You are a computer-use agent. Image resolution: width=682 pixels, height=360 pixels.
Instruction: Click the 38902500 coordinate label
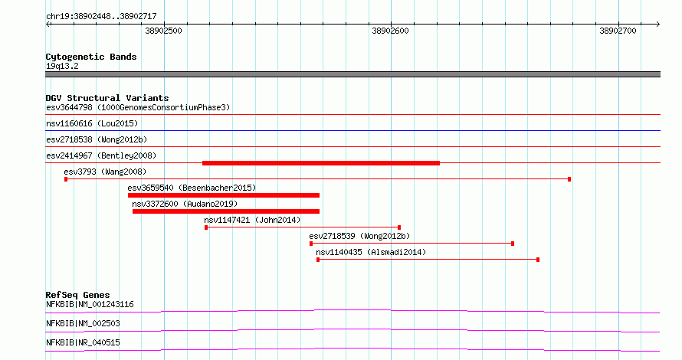click(163, 31)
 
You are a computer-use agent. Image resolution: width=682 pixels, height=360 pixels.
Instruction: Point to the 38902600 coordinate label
click(390, 31)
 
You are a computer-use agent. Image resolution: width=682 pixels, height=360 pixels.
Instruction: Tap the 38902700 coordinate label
click(618, 31)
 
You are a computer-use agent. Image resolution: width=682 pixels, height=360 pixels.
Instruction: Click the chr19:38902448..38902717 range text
click(101, 17)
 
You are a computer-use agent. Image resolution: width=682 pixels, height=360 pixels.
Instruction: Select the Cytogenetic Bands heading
click(91, 57)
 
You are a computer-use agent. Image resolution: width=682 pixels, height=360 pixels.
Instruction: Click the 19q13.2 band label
click(62, 66)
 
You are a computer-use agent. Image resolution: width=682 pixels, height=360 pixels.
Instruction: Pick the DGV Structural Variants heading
click(107, 98)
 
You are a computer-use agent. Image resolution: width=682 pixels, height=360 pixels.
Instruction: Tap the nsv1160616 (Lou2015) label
click(92, 123)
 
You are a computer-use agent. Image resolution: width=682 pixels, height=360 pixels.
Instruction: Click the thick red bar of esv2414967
click(321, 163)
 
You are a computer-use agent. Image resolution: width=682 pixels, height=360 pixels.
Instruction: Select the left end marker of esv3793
click(66, 179)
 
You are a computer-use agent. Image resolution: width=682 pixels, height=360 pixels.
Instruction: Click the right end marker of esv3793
click(569, 179)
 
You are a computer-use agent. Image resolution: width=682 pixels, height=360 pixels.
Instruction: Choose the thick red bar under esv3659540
click(224, 195)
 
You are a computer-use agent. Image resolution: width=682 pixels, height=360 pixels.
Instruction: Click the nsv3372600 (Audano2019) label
click(185, 204)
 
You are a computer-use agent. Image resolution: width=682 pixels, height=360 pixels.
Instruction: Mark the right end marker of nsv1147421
click(399, 227)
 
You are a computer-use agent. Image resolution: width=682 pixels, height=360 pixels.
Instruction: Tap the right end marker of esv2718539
click(513, 244)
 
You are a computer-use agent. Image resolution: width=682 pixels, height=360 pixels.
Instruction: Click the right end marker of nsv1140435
click(538, 260)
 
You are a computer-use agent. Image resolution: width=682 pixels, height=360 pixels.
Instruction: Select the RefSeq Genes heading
click(78, 295)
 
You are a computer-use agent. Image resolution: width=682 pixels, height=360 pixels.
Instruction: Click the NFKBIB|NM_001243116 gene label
click(90, 304)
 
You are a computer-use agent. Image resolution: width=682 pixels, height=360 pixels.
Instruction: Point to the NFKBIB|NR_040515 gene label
click(83, 342)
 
